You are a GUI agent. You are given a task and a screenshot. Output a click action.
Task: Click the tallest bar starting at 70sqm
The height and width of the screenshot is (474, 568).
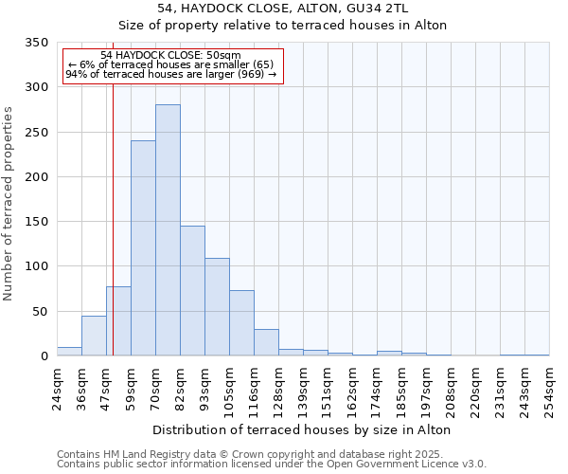pyautogui.click(x=168, y=230)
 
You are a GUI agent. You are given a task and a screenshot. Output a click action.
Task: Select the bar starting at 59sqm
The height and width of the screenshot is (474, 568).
pyautogui.click(x=143, y=248)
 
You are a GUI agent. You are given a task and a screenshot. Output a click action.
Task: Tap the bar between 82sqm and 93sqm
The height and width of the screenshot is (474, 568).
pyautogui.click(x=192, y=291)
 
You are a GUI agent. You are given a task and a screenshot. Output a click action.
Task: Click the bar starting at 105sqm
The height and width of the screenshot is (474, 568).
pyautogui.click(x=241, y=323)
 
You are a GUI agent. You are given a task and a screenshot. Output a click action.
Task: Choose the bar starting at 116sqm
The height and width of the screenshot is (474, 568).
pyautogui.click(x=266, y=342)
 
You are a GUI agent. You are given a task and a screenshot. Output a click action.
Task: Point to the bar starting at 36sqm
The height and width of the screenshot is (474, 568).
pyautogui.click(x=94, y=336)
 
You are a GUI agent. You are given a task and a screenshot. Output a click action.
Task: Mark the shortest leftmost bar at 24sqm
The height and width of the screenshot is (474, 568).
pyautogui.click(x=69, y=352)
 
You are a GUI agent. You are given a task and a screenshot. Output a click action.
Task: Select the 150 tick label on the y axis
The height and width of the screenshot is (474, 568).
pyautogui.click(x=36, y=222)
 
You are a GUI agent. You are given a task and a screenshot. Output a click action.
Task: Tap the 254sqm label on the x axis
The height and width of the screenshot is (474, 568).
pyautogui.click(x=549, y=389)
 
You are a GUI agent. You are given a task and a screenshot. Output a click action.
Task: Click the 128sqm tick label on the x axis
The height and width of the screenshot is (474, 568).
pyautogui.click(x=278, y=389)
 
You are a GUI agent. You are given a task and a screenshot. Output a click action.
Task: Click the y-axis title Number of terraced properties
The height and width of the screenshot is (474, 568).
pyautogui.click(x=9, y=204)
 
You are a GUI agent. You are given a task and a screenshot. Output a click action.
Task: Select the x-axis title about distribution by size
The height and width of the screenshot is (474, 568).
pyautogui.click(x=301, y=429)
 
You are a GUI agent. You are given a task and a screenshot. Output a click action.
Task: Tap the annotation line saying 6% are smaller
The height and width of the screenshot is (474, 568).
pyautogui.click(x=171, y=64)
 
